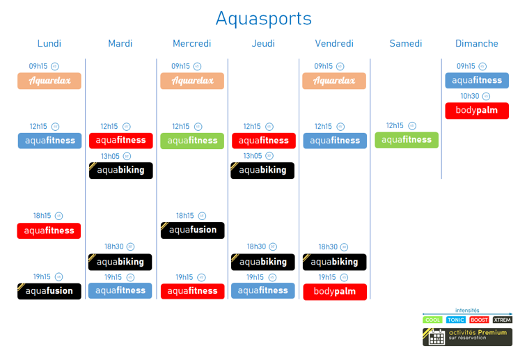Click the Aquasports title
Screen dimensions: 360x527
tap(263, 18)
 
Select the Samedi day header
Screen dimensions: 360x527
tap(406, 43)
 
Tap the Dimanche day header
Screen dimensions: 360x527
tap(477, 43)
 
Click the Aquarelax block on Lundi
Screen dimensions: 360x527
tap(49, 81)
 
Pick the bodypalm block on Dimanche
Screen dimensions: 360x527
tap(477, 110)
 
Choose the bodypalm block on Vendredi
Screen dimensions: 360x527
tap(335, 291)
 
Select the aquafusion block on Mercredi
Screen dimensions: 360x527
tap(193, 230)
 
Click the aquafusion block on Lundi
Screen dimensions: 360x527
tap(49, 291)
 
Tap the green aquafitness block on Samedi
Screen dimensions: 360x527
tap(407, 140)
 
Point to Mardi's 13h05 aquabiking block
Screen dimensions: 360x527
tap(120, 170)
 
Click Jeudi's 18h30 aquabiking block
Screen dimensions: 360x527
tap(262, 262)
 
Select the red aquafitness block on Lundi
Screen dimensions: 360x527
tap(49, 230)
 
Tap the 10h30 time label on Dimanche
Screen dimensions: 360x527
tap(470, 96)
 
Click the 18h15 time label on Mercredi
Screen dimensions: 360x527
tap(185, 216)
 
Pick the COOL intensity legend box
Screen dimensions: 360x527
tap(433, 320)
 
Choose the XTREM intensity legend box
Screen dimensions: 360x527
tap(502, 320)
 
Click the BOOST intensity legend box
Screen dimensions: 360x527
tap(479, 320)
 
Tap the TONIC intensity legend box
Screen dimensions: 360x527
tap(456, 320)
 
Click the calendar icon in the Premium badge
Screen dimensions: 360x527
tap(436, 337)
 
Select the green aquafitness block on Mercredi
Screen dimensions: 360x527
tap(193, 141)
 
